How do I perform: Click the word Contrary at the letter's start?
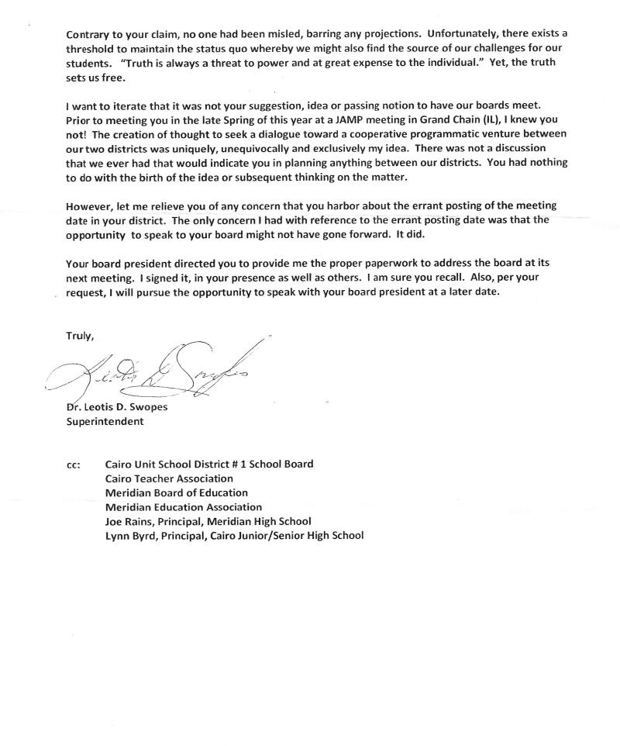pyautogui.click(x=88, y=35)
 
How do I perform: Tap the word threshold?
pyautogui.click(x=92, y=49)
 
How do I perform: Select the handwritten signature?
pyautogui.click(x=155, y=372)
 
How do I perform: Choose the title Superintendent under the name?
pyautogui.click(x=105, y=423)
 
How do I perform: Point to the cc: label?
pyautogui.click(x=74, y=465)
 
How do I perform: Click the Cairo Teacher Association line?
pyautogui.click(x=169, y=478)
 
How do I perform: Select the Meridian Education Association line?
pyautogui.click(x=184, y=506)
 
